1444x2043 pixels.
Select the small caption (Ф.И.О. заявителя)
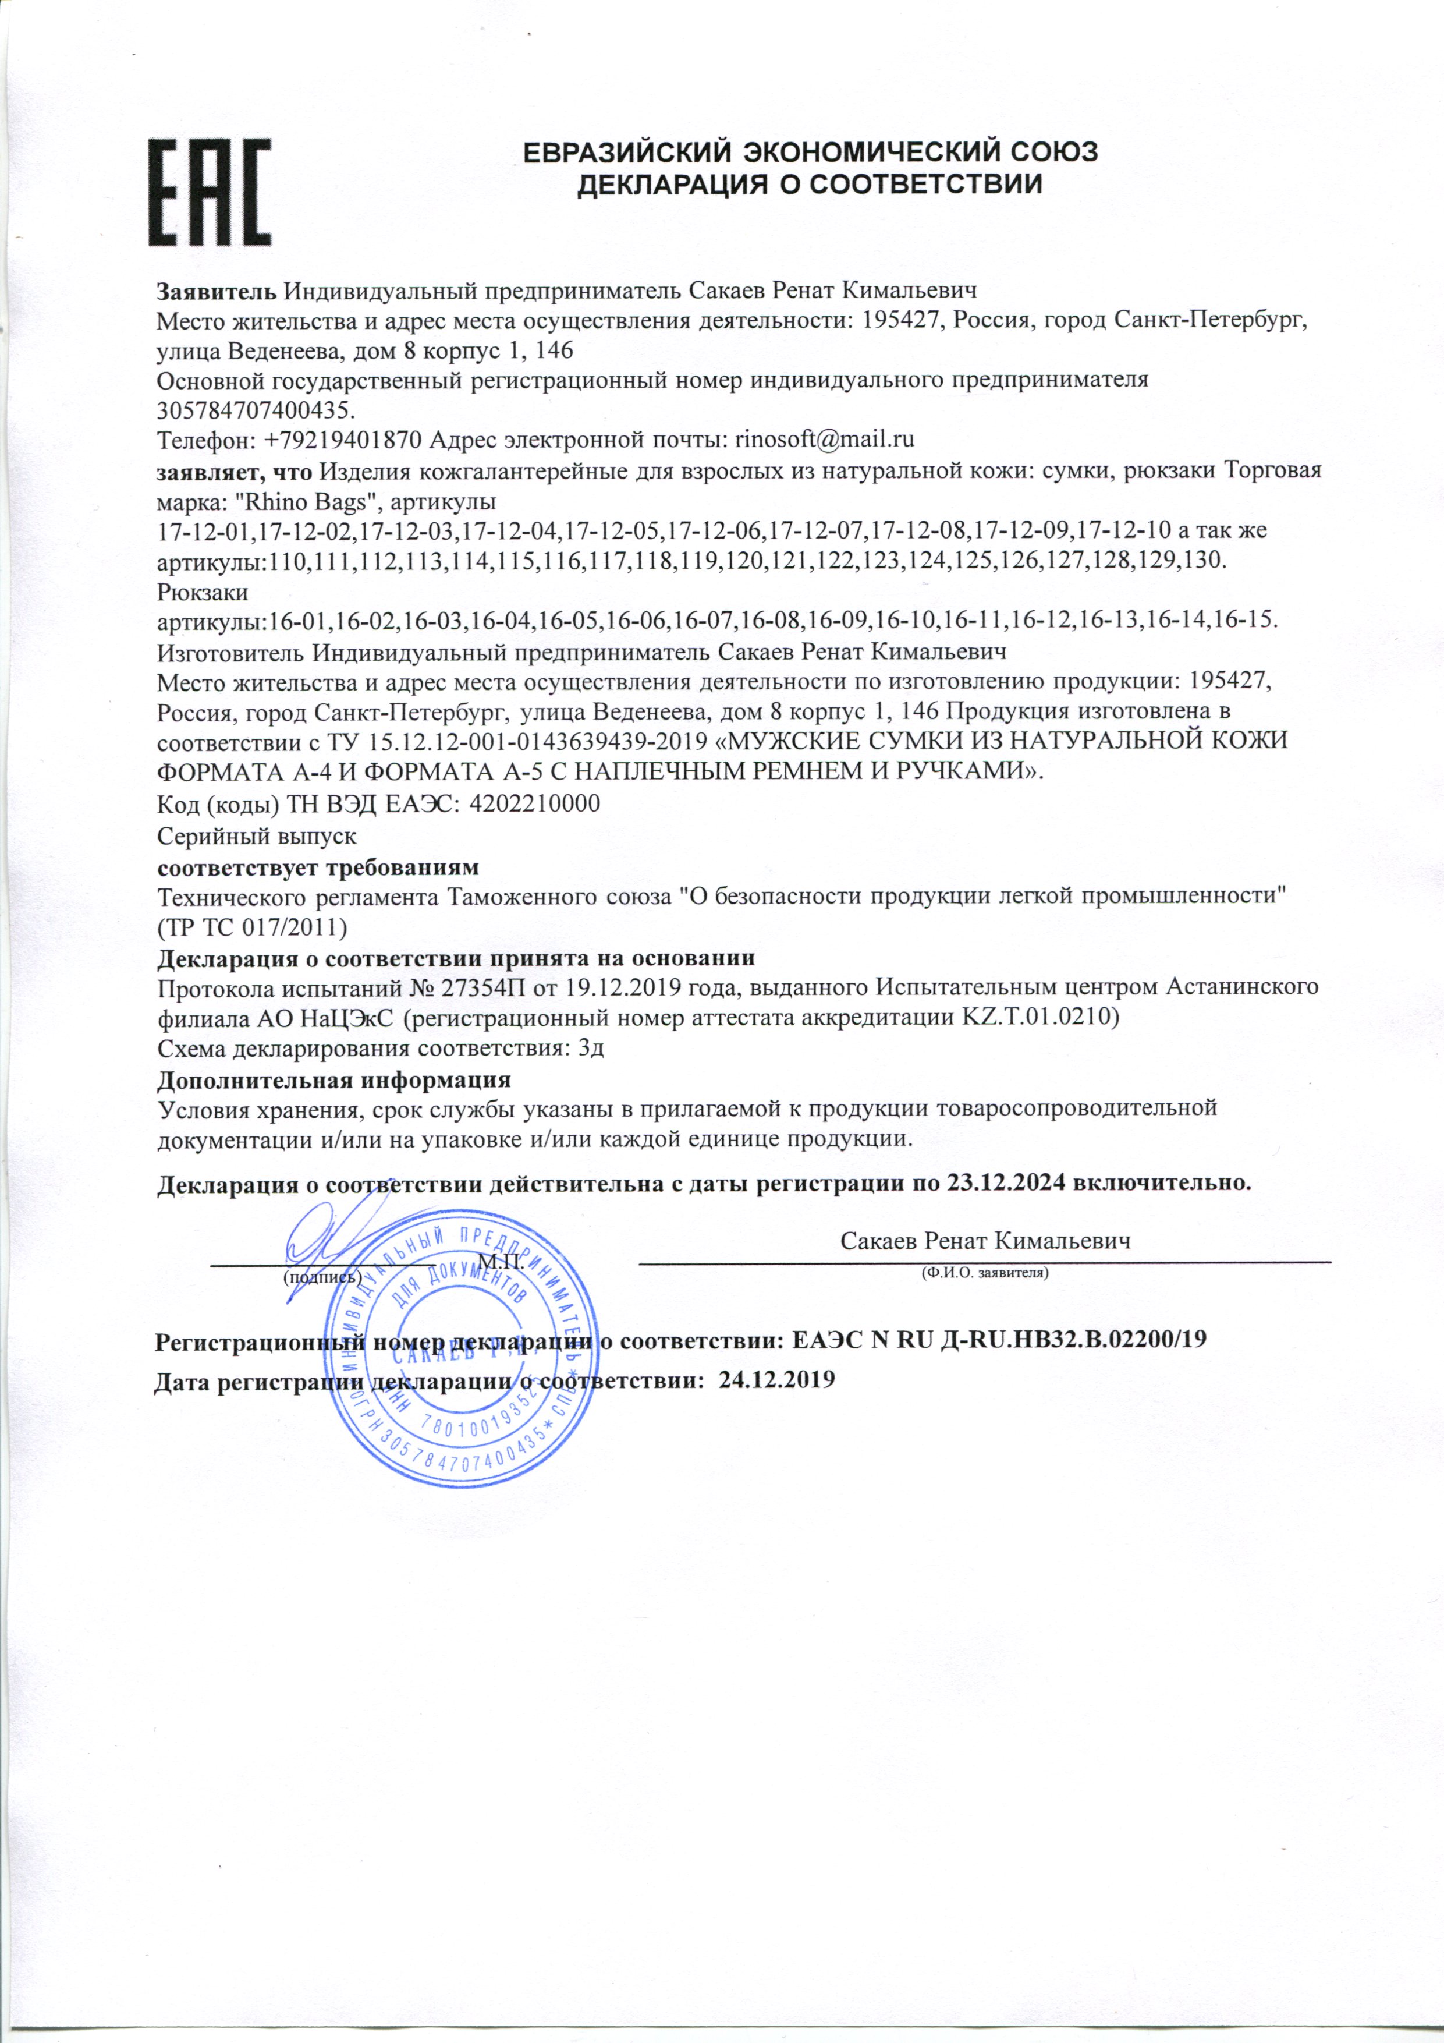point(985,1273)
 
